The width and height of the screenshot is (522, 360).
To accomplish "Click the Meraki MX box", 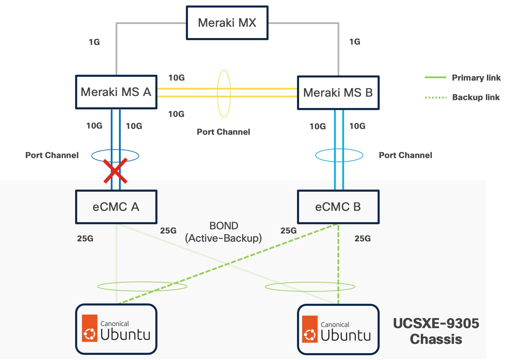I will [227, 23].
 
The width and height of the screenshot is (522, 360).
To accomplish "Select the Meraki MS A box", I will [116, 92].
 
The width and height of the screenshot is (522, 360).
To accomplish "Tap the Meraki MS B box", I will [338, 93].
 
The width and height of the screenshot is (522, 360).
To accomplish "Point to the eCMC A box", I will [116, 207].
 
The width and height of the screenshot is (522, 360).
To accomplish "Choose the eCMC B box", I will [338, 207].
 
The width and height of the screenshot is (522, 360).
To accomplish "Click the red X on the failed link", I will [116, 170].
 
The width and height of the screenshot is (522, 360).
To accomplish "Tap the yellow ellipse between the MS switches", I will [224, 94].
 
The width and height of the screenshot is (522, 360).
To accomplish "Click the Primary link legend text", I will [476, 78].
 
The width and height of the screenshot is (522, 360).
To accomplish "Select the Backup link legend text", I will [476, 97].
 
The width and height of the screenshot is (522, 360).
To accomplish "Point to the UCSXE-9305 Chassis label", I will [436, 331].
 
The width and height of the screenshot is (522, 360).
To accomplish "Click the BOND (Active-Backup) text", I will [224, 232].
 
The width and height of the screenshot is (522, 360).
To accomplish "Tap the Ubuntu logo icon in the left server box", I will [90, 328].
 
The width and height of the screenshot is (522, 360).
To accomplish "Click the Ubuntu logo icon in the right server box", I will [310, 329].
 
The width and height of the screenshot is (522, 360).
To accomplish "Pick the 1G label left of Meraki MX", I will [94, 42].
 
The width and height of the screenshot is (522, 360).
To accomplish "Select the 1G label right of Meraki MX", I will [355, 42].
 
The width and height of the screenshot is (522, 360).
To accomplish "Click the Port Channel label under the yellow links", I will [223, 132].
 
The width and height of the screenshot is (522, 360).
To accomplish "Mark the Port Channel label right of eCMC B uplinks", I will [405, 155].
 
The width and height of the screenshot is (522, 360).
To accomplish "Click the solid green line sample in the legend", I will [435, 78].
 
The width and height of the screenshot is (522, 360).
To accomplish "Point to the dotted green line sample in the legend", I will [436, 98].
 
